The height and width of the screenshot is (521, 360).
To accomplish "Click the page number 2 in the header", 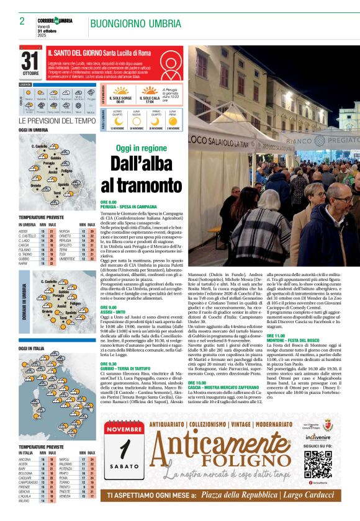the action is tap(22, 21).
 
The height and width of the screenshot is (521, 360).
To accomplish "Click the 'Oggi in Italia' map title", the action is tap(32, 349).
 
